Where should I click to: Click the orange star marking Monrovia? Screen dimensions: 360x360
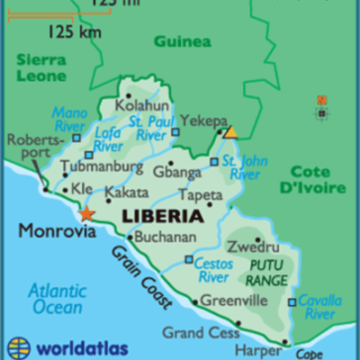coord(86,214)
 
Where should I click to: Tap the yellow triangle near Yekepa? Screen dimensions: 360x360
coord(230,131)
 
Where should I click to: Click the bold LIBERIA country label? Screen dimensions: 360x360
coord(162,217)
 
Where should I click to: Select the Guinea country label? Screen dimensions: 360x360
coord(182,41)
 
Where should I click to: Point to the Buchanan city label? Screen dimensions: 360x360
coord(166,238)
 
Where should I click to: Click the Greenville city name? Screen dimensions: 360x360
coord(234,301)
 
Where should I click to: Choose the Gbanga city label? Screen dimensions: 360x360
coord(175,172)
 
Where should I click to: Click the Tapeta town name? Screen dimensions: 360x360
coord(200,194)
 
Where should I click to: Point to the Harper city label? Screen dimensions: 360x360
coord(251,349)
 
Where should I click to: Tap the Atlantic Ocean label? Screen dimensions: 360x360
coord(55,299)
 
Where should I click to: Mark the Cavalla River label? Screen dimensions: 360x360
coord(319,308)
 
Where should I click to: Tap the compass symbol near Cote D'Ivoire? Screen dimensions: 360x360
coord(321,108)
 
